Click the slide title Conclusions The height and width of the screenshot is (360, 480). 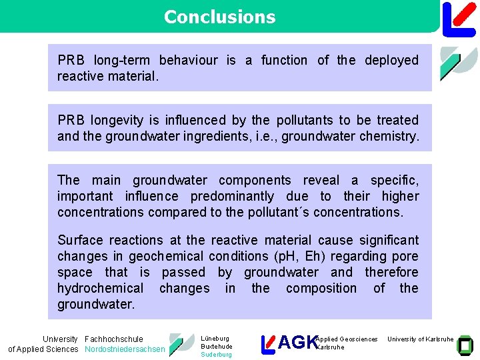[219, 17]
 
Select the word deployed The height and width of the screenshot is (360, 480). [392, 61]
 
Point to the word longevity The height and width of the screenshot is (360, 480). [114, 121]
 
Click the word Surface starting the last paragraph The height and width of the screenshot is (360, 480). [81, 241]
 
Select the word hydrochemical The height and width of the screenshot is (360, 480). [100, 289]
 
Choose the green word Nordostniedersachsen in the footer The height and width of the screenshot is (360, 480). [125, 349]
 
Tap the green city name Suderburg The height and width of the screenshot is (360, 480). [216, 355]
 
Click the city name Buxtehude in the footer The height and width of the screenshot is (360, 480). [217, 347]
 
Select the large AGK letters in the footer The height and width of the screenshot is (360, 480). [297, 343]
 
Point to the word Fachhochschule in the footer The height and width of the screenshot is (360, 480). [114, 339]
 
